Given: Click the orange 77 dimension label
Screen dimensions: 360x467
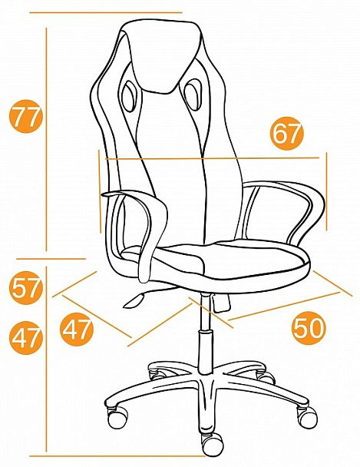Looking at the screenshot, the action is (x=26, y=116).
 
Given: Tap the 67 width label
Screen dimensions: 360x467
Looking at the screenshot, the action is (x=286, y=133).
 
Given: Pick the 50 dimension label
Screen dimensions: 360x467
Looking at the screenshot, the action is (x=309, y=328).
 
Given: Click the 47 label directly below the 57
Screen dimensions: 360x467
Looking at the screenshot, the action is (x=26, y=337).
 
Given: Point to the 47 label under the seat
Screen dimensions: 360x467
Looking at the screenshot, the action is (x=77, y=329).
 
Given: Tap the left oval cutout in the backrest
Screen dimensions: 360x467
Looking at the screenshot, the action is (x=129, y=96).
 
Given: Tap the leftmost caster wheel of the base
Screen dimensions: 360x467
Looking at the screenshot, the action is (x=117, y=416).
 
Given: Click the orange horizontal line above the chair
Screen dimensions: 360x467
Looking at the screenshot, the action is (x=106, y=13).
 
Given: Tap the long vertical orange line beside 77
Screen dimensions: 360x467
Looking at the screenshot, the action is (x=46, y=139).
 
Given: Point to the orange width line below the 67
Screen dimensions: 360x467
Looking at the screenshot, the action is (x=212, y=158).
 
